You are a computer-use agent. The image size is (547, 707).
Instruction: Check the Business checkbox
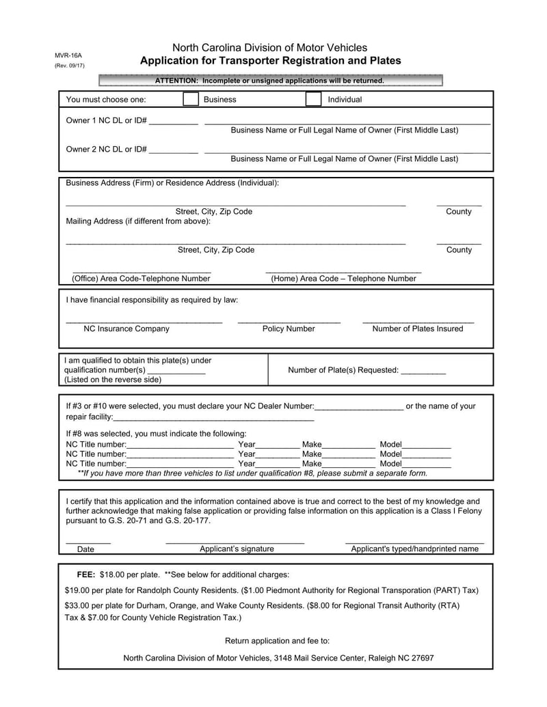click(x=191, y=99)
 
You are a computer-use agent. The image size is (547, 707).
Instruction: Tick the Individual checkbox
click(x=312, y=99)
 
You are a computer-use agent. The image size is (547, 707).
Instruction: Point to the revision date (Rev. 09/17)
click(x=70, y=66)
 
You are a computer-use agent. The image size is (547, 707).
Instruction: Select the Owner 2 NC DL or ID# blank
click(x=173, y=150)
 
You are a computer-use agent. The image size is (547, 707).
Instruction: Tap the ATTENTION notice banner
click(x=270, y=81)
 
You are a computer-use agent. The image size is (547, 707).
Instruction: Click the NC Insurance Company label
click(x=126, y=329)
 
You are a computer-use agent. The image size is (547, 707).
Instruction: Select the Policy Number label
click(x=289, y=329)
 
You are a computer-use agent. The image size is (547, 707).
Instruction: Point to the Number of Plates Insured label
click(x=417, y=329)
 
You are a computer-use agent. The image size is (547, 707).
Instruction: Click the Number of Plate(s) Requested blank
click(x=423, y=371)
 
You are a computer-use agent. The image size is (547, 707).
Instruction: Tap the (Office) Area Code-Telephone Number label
click(x=141, y=279)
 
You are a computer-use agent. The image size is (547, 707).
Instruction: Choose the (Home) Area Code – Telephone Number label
click(x=343, y=279)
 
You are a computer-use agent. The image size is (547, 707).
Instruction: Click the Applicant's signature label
click(x=237, y=549)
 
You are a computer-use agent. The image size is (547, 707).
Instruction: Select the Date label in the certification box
click(x=86, y=549)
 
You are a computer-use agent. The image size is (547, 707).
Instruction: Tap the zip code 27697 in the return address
click(x=421, y=659)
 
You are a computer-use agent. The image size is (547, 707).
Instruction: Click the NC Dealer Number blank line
click(x=360, y=406)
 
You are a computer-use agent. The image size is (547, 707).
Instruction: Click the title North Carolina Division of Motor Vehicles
click(x=269, y=48)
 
